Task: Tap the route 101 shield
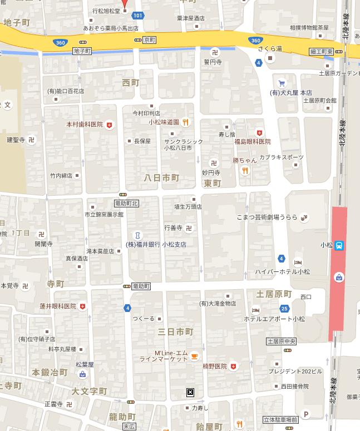point(138,16)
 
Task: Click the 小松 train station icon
point(339,245)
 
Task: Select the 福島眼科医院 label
point(252,142)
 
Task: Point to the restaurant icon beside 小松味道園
point(186,122)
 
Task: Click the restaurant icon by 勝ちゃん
point(245,171)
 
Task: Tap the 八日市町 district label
point(161,178)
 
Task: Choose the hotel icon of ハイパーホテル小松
point(298,262)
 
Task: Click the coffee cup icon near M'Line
point(194,356)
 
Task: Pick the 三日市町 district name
point(175,332)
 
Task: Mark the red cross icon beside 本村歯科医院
point(110,125)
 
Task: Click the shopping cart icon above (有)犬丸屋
point(282,83)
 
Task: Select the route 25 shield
point(284,309)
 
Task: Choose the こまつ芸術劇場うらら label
point(267,217)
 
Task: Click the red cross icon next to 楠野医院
point(233,366)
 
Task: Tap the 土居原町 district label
point(274,294)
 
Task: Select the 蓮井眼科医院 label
point(58,306)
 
